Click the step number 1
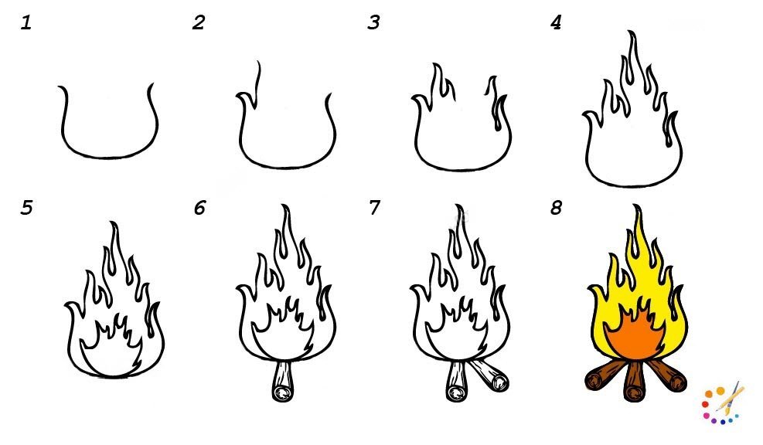coord(26,22)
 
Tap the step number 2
coord(199,22)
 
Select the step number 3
coord(373,22)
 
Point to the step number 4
coord(556,22)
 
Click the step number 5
coord(26,208)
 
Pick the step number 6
coord(199,208)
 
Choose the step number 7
coord(373,208)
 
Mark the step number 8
coord(556,208)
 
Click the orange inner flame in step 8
coord(634,335)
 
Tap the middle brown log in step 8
coord(634,382)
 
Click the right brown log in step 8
coord(666,375)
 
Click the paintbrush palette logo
coord(723,403)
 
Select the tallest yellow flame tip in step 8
coord(636,207)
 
